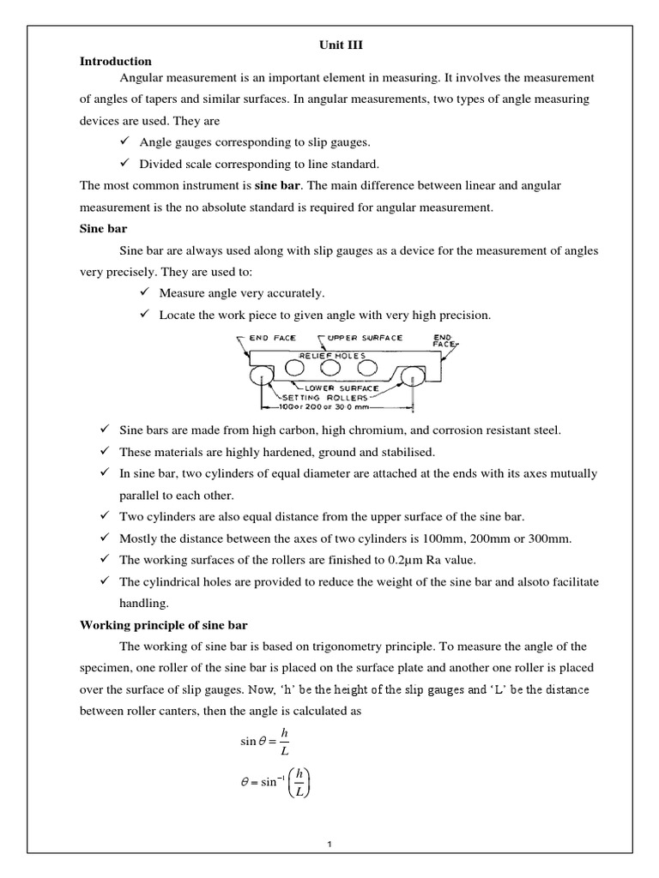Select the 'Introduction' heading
(116, 62)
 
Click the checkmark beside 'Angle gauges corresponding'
(122, 140)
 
